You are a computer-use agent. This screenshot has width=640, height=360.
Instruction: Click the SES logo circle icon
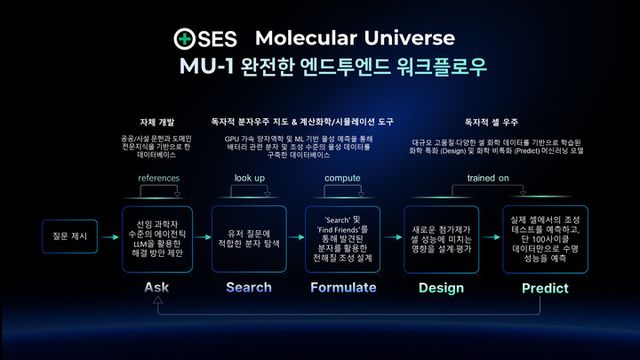pos(185,40)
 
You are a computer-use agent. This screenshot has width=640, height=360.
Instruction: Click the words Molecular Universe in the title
pos(355,39)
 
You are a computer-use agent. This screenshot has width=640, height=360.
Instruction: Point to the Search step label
pos(249,287)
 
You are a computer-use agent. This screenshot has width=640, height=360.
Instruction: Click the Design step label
pos(440,287)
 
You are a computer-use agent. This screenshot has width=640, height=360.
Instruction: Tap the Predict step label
pos(545,288)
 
